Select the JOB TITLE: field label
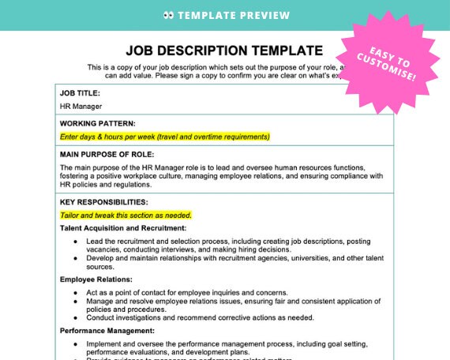tap(80, 93)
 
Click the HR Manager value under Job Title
tap(81, 106)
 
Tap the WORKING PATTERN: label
tap(97, 123)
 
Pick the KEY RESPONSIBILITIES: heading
tap(103, 202)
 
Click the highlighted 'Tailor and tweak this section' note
tap(126, 215)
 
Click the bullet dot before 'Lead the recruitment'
tap(75, 240)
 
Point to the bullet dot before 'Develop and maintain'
tap(75, 257)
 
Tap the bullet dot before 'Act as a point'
tap(75, 291)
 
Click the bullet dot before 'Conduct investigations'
tap(75, 317)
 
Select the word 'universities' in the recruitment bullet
tap(302, 257)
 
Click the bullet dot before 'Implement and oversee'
tap(75, 343)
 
